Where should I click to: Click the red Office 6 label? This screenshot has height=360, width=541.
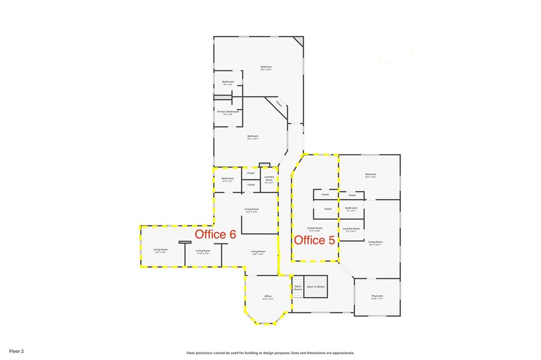tap(215, 234)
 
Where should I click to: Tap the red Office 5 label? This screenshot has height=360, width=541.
tap(314, 240)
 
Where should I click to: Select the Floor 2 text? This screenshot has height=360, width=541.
tap(16, 350)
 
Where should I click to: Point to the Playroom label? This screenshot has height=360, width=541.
tap(377, 296)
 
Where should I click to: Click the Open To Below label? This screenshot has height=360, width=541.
tap(316, 287)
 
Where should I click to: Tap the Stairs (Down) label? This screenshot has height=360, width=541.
tap(298, 288)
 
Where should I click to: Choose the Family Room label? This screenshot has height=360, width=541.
tap(315, 228)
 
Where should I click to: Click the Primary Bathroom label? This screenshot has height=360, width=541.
tap(228, 112)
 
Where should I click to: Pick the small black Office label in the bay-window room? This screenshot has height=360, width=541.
tap(268, 296)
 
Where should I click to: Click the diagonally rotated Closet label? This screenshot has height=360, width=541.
tap(278, 104)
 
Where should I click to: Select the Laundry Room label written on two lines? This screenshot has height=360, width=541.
tap(269, 179)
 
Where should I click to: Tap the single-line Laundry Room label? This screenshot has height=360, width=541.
tap(351, 229)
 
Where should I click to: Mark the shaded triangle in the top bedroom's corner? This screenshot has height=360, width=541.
tap(299, 41)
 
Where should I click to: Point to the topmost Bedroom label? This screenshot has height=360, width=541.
tap(266, 67)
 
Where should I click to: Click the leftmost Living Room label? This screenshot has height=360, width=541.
tap(160, 250)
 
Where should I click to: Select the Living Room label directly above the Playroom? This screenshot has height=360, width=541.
tap(375, 242)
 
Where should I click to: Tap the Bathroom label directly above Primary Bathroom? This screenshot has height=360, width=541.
tap(228, 82)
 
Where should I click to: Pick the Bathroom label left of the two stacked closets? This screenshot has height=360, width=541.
tap(227, 178)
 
